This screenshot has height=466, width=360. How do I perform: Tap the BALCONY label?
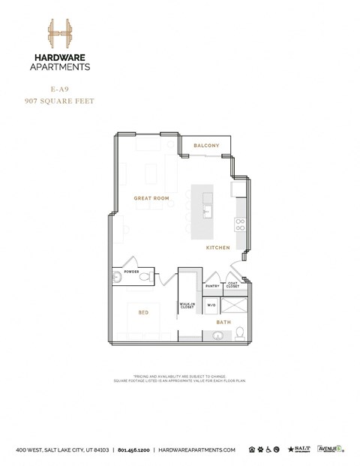206,145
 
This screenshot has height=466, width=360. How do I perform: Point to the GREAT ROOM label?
151,199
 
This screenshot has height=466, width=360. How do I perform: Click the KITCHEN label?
219,247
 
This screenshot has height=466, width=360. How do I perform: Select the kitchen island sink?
208,212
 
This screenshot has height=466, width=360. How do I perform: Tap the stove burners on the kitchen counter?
241,222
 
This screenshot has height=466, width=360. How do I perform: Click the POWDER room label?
132,272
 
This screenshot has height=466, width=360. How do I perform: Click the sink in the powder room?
116,278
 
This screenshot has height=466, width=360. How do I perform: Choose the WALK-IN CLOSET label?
187,306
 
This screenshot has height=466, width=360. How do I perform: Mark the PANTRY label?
213,286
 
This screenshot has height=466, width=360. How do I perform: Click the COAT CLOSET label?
233,285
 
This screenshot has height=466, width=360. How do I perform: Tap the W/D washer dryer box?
211,305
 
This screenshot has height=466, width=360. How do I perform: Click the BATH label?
223,323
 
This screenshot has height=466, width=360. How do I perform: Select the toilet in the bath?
238,332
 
